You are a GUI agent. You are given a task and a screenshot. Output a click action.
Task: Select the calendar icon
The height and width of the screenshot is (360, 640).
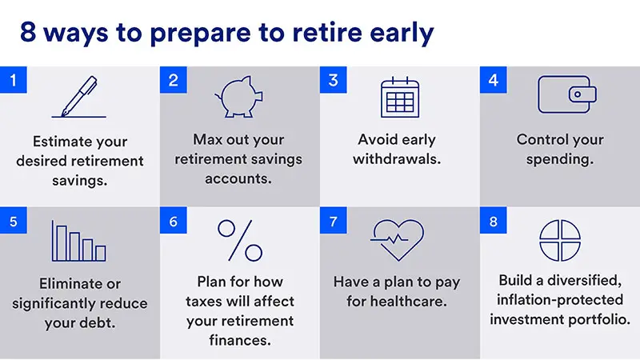(x=399, y=98)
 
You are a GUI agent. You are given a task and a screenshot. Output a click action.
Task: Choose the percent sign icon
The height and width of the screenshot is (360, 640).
(x=239, y=240)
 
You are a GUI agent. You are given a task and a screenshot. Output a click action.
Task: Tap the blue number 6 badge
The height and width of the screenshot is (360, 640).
(x=174, y=222)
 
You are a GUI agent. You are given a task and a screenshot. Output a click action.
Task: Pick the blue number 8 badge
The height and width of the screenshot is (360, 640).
(x=494, y=222)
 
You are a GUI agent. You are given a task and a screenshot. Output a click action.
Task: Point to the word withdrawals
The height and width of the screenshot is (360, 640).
(x=399, y=158)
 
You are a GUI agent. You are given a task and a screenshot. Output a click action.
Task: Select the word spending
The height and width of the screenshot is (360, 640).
(x=559, y=158)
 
